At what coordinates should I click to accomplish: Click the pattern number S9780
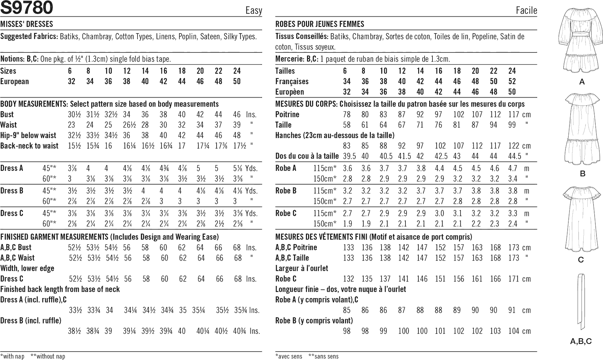tap(27, 8)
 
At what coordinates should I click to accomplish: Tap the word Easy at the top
tap(254, 10)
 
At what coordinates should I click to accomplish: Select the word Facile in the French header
tap(526, 10)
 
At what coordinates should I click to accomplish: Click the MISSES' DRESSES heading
tap(27, 24)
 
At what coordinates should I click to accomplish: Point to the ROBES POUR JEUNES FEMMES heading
tap(320, 24)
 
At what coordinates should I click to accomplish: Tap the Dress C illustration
tap(581, 219)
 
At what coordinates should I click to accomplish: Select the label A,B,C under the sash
tap(581, 341)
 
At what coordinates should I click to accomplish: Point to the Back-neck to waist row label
tap(30, 146)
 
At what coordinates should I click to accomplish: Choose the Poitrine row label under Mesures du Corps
tap(287, 114)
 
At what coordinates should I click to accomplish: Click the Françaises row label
tap(292, 81)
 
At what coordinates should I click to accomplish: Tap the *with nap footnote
tap(12, 356)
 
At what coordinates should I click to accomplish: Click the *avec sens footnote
tap(289, 356)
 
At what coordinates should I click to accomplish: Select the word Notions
tap(12, 59)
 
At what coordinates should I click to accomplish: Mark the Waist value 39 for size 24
tap(237, 125)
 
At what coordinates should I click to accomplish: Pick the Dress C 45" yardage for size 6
tap(71, 213)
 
